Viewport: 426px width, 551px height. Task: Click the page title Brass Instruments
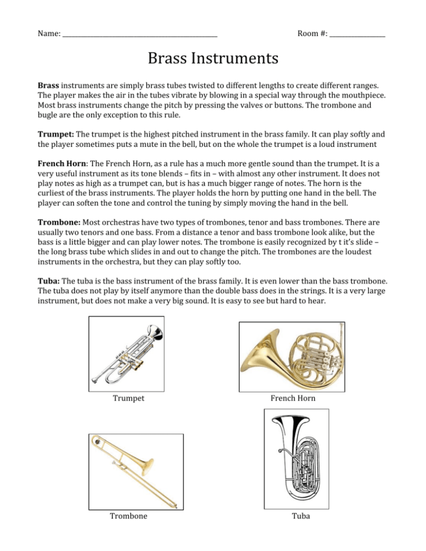(x=213, y=58)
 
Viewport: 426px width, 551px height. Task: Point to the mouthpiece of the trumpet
(x=97, y=379)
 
